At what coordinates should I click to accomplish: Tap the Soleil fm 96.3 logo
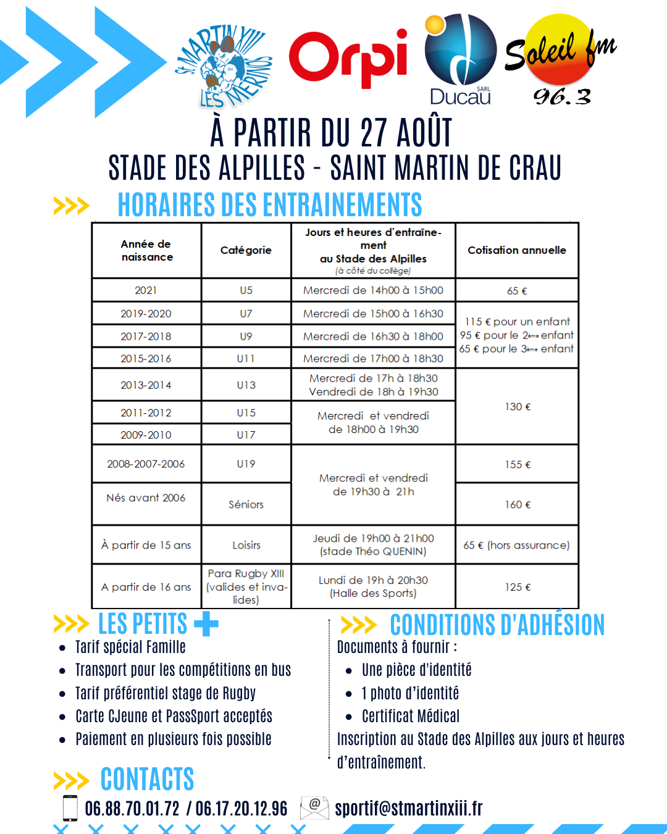point(560,59)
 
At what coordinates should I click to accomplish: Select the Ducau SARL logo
point(461,59)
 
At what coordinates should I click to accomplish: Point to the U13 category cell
point(246,385)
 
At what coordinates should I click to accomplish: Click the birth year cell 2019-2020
point(146,314)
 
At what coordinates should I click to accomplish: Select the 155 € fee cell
point(518,465)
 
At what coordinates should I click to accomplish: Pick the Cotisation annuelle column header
point(517,250)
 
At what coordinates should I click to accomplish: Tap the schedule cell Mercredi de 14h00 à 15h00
point(373,290)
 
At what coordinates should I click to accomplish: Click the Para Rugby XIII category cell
point(246,586)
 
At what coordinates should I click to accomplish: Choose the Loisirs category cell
point(246,545)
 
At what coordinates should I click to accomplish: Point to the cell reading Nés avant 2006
point(146,498)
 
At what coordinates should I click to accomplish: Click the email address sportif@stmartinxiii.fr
point(408,808)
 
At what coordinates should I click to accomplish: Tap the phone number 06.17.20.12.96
point(241,809)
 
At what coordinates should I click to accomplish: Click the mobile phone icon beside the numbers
point(70,808)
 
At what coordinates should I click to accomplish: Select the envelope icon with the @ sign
point(314,807)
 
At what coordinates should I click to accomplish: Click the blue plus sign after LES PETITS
point(206,624)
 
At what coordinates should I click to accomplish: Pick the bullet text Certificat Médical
point(411,717)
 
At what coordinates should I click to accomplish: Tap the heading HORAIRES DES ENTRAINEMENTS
point(270,205)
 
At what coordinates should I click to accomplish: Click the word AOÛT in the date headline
point(424,133)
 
